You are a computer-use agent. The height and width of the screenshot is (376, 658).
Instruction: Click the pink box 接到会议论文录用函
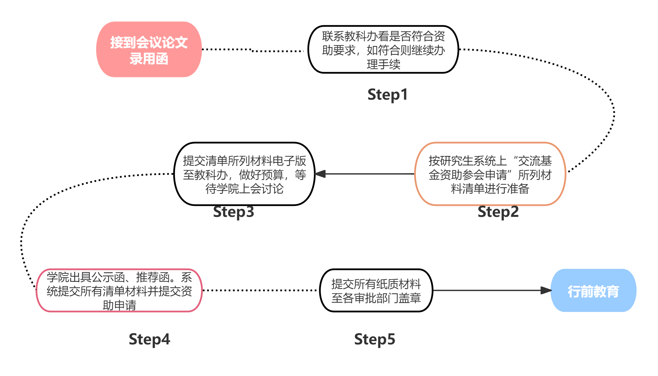149,49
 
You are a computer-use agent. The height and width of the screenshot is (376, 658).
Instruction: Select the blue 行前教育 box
593,291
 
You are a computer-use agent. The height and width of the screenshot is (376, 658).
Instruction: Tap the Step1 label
387,95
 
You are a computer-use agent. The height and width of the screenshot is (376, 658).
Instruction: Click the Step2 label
498,212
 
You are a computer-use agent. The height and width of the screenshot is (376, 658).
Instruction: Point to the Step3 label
233,212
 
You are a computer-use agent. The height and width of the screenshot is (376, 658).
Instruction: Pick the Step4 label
149,339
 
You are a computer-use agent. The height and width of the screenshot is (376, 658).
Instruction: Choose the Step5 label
375,339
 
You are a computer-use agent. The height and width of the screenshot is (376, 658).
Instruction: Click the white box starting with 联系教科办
383,49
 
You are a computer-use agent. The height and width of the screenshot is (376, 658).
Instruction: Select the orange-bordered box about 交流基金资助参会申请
490,174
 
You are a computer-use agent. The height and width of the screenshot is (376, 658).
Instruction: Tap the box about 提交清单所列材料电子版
244,174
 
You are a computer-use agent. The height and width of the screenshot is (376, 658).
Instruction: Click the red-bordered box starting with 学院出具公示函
119,290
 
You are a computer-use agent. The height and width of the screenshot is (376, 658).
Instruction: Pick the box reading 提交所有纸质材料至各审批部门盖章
376,290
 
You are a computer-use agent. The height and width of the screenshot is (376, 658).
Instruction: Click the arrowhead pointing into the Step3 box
320,174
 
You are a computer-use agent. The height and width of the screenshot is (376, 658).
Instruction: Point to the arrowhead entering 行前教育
546,290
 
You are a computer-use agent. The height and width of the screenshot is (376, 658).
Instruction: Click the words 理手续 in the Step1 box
383,64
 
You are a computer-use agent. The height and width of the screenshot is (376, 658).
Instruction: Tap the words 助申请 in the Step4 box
119,305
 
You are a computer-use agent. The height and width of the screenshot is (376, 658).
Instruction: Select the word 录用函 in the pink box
149,59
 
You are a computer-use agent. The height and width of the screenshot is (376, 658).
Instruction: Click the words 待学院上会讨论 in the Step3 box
244,189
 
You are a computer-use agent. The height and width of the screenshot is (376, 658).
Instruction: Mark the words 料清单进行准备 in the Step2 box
490,189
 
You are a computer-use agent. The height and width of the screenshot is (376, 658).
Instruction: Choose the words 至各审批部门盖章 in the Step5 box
376,298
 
